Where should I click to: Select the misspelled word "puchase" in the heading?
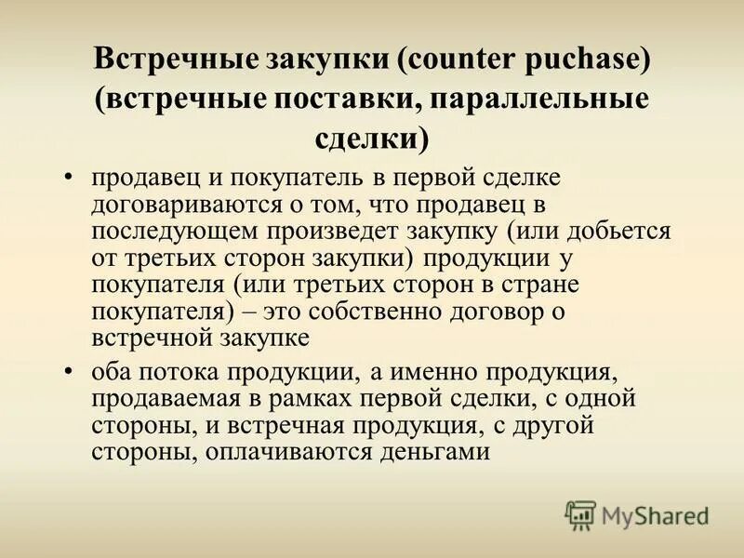tap(585, 63)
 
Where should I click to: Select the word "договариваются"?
tap(195, 204)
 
